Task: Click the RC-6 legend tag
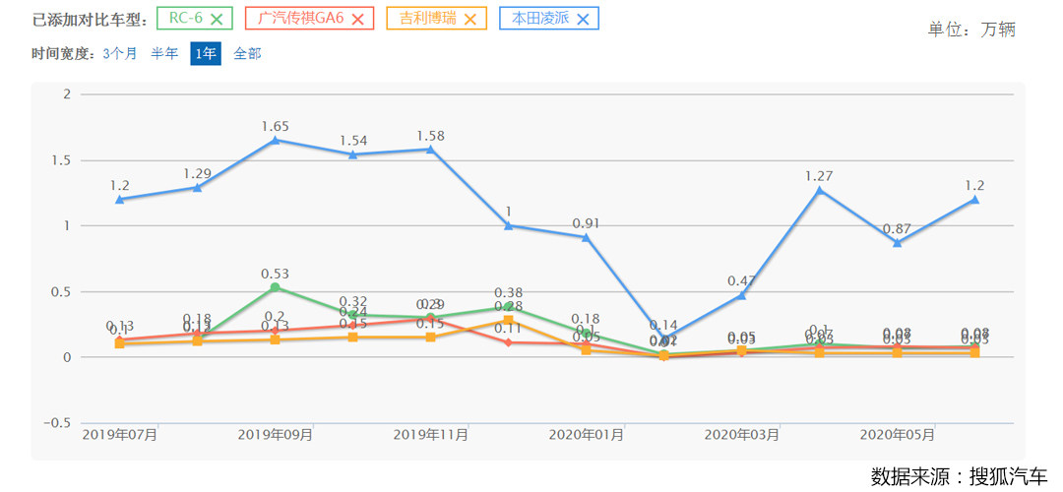click(x=196, y=18)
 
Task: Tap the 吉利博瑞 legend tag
click(x=437, y=18)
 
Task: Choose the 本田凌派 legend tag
click(x=549, y=18)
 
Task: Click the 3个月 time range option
click(x=120, y=54)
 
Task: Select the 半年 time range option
click(x=164, y=54)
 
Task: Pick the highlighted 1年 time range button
click(x=206, y=54)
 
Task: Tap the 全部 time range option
click(x=247, y=54)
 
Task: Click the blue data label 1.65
click(x=276, y=127)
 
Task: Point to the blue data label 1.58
click(x=431, y=136)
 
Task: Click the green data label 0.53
click(x=276, y=274)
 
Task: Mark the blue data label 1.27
click(x=819, y=176)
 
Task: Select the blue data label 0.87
click(x=897, y=228)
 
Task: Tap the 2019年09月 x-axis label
click(x=276, y=434)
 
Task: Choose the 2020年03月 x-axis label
click(x=742, y=434)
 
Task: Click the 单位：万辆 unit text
click(x=970, y=30)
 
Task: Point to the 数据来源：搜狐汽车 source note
click(x=959, y=476)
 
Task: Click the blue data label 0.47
click(x=741, y=281)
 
